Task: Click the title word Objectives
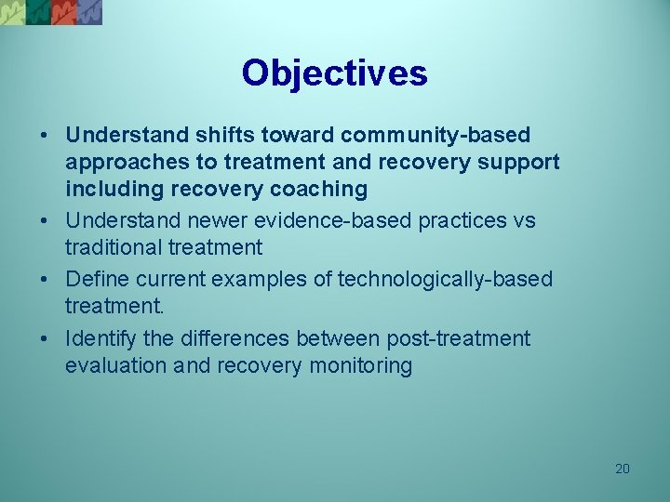point(334,73)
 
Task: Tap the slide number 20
point(623,469)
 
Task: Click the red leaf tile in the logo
point(63,11)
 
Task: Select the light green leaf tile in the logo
point(12,11)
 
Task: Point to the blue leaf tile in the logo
point(89,11)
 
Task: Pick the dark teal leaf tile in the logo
point(37,11)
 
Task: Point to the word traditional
point(114,248)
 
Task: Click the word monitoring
point(359,366)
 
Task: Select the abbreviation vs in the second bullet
point(525,221)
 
